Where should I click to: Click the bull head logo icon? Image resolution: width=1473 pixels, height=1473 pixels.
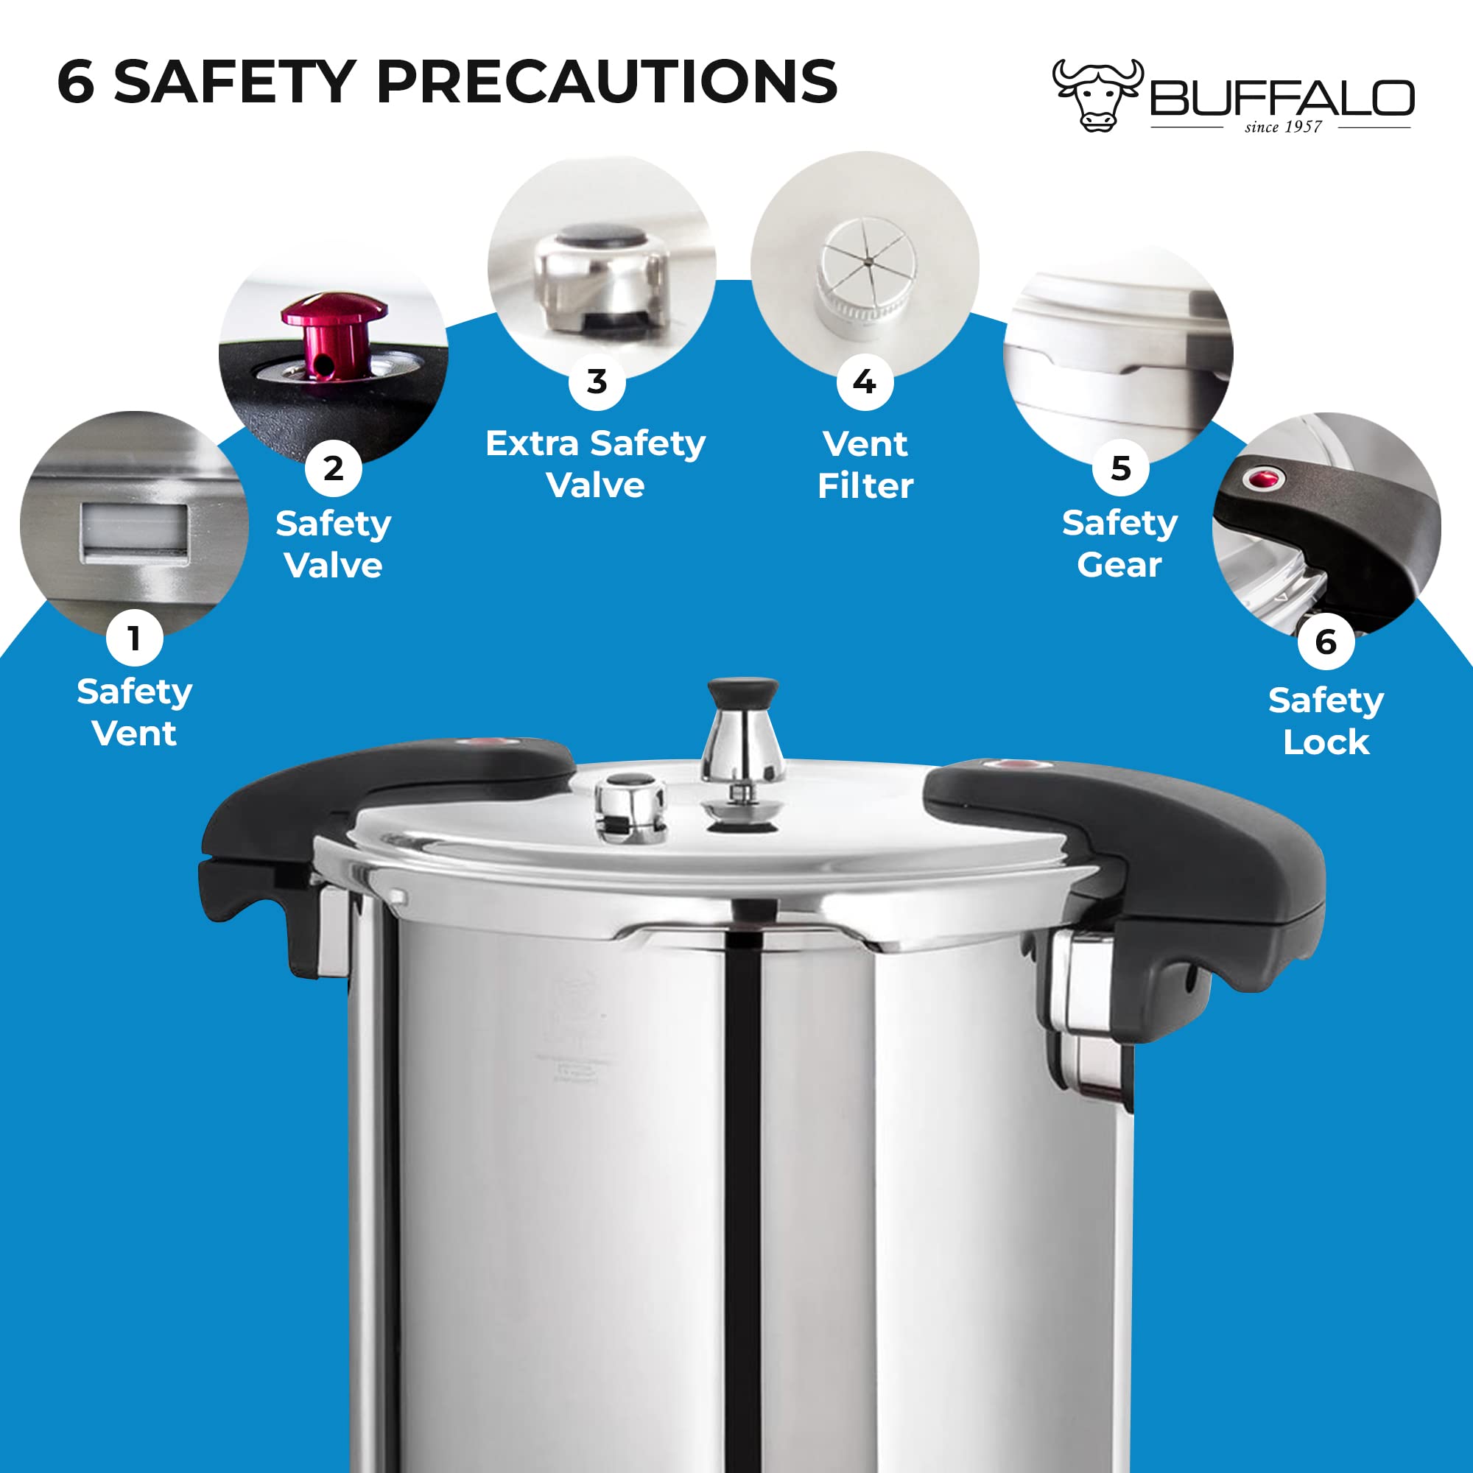1098,94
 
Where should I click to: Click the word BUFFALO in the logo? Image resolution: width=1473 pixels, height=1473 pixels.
1282,99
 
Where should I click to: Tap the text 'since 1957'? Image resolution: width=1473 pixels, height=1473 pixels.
1283,127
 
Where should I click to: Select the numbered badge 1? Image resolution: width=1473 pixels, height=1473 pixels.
134,637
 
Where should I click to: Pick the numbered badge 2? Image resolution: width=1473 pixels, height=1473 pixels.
333,468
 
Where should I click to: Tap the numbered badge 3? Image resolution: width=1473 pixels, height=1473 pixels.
597,382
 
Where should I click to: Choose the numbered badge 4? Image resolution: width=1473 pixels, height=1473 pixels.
865,382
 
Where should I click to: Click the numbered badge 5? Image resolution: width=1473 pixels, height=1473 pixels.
1120,468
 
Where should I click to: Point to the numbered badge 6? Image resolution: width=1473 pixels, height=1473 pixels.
1326,641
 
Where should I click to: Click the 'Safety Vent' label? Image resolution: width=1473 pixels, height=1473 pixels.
134,712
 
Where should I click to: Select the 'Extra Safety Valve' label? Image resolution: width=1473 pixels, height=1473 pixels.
595,463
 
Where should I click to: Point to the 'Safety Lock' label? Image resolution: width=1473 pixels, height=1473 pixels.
1326,720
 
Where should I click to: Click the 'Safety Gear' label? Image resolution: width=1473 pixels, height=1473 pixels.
1120,544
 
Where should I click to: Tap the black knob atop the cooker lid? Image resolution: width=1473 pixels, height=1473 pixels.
742,692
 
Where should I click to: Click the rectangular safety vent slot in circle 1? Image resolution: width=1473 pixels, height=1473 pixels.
134,532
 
